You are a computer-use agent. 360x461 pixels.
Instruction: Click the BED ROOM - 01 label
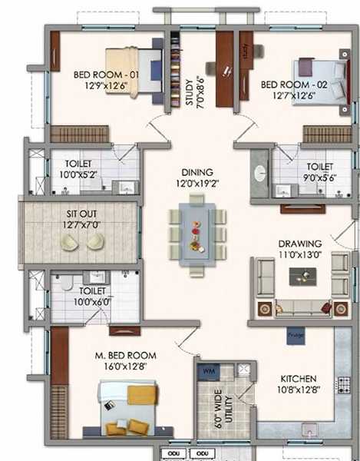[105, 75]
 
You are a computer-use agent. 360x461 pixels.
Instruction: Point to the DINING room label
[197, 173]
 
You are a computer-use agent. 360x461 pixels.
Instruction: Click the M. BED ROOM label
[125, 356]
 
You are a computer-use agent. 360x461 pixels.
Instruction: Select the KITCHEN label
[291, 378]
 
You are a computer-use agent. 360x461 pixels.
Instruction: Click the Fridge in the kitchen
[295, 336]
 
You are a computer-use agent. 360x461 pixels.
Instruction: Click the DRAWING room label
[300, 244]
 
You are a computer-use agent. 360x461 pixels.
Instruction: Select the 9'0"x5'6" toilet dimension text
[319, 177]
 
